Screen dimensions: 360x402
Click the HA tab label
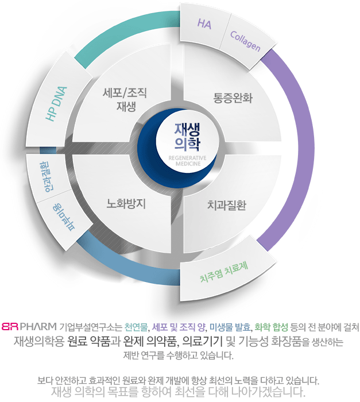point(204,24)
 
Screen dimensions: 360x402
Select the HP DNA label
point(56,103)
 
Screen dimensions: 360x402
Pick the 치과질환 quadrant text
point(226,204)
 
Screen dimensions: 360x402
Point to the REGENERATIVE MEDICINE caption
point(188,160)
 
